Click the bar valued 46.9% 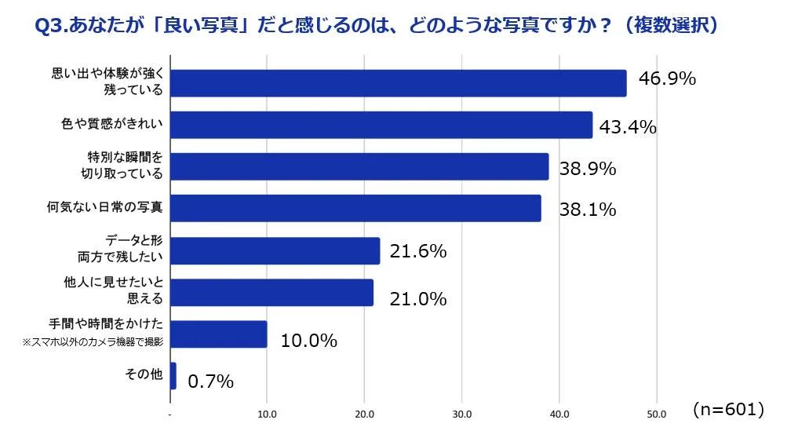tap(398, 83)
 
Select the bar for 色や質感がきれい tap(381, 125)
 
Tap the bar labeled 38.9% tap(359, 166)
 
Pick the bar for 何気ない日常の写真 tap(355, 208)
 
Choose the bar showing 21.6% tap(275, 250)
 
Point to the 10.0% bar tap(218, 334)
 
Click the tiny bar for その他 tap(173, 375)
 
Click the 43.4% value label tap(627, 127)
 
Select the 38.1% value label tap(588, 210)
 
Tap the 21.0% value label tap(418, 299)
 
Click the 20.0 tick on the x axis tap(364, 414)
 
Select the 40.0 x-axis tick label tap(559, 414)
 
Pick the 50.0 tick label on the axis tap(657, 414)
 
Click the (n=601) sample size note tap(727, 409)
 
